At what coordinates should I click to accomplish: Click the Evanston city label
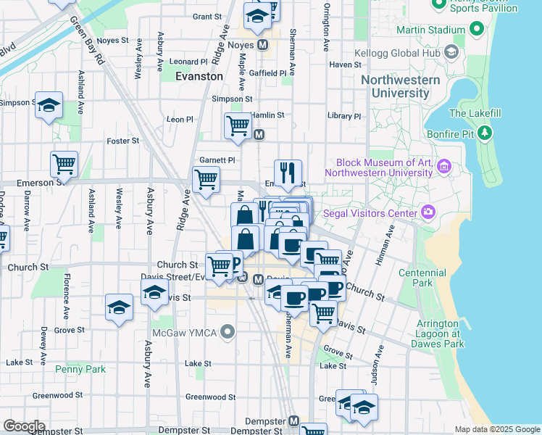click(x=199, y=76)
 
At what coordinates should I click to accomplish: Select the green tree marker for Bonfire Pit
click(x=485, y=133)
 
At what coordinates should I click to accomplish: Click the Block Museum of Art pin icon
click(x=443, y=167)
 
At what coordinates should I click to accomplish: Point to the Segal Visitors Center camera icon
click(x=429, y=212)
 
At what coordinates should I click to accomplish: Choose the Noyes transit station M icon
click(x=262, y=45)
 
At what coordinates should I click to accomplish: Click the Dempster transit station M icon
click(x=293, y=420)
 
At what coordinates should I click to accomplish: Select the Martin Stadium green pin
click(x=475, y=30)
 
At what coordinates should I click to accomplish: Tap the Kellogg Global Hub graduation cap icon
click(x=451, y=52)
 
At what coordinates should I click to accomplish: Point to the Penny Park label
click(x=80, y=369)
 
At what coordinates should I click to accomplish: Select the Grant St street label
click(x=207, y=16)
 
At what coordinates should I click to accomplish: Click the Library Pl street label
click(x=343, y=116)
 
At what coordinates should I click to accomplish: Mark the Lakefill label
click(x=471, y=113)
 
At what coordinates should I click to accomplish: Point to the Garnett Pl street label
click(x=217, y=160)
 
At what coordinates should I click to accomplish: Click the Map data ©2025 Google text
click(x=496, y=429)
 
